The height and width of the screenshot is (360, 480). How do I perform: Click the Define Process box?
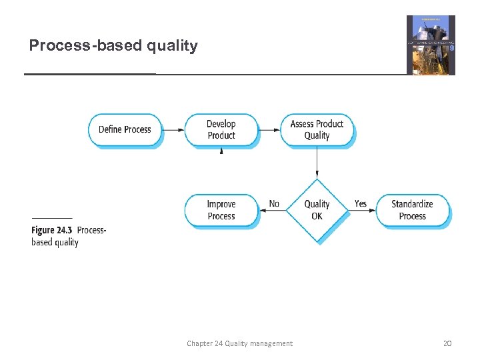tap(125, 129)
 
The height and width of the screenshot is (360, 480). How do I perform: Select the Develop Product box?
tap(221, 129)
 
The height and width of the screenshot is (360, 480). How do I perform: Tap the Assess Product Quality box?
tap(317, 129)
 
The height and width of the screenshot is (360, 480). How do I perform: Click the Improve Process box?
tap(221, 210)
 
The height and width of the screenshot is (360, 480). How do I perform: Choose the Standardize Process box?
tap(412, 210)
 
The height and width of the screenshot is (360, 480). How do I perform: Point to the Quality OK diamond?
tap(317, 210)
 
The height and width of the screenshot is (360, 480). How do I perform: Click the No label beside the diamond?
tap(274, 203)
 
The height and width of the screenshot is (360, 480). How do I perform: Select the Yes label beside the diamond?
tap(361, 203)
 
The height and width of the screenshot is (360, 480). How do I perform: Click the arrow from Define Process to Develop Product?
tap(173, 129)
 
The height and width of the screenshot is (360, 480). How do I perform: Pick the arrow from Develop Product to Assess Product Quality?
tap(269, 129)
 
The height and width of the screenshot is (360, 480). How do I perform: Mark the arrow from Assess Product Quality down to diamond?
tap(317, 163)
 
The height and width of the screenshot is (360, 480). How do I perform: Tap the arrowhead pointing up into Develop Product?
tap(221, 151)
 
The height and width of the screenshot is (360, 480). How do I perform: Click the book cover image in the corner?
tap(431, 45)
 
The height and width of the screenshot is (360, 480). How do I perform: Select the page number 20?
tap(447, 343)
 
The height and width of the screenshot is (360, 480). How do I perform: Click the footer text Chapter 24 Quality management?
tap(239, 343)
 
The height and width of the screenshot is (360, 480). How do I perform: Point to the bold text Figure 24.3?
tap(53, 230)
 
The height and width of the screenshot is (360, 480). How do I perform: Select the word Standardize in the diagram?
tap(412, 204)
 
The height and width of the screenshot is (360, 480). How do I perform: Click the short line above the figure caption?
tap(52, 218)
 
